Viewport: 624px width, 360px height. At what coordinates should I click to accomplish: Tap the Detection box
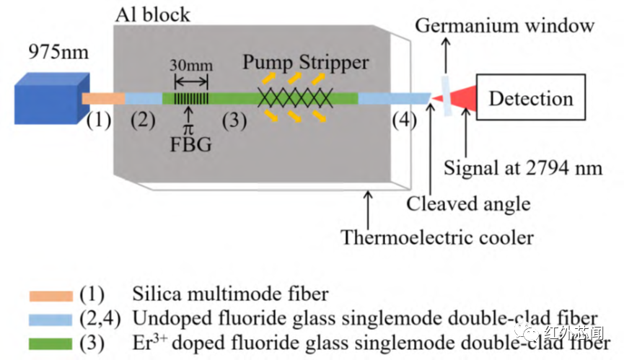tap(531, 97)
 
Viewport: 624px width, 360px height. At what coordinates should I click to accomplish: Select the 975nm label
tap(58, 52)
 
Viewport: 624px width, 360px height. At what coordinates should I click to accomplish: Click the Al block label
tap(153, 15)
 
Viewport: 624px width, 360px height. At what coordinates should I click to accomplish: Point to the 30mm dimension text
tap(191, 65)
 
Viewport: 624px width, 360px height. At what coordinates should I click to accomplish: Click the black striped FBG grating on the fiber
tap(191, 98)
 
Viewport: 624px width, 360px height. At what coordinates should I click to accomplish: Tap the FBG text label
tap(190, 144)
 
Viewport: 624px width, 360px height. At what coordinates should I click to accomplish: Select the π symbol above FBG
tap(188, 129)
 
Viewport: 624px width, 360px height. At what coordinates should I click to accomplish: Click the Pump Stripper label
tap(306, 63)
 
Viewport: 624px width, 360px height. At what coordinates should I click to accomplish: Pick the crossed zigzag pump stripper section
tap(295, 98)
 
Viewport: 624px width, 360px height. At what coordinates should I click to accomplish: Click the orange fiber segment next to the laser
tap(103, 99)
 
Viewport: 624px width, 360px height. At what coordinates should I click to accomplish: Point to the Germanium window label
tap(505, 26)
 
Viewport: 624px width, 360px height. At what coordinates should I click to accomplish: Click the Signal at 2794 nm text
tap(523, 168)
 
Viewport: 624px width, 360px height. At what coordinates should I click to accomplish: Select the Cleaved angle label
tap(468, 203)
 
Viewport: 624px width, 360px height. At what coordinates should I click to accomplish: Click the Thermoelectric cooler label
tap(437, 237)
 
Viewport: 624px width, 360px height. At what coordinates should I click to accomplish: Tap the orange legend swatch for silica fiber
tap(51, 296)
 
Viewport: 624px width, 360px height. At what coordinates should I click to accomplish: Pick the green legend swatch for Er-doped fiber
tap(50, 343)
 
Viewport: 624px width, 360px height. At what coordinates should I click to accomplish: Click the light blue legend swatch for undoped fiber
tap(50, 320)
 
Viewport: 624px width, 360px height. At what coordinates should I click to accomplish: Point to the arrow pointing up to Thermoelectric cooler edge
tap(368, 210)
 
